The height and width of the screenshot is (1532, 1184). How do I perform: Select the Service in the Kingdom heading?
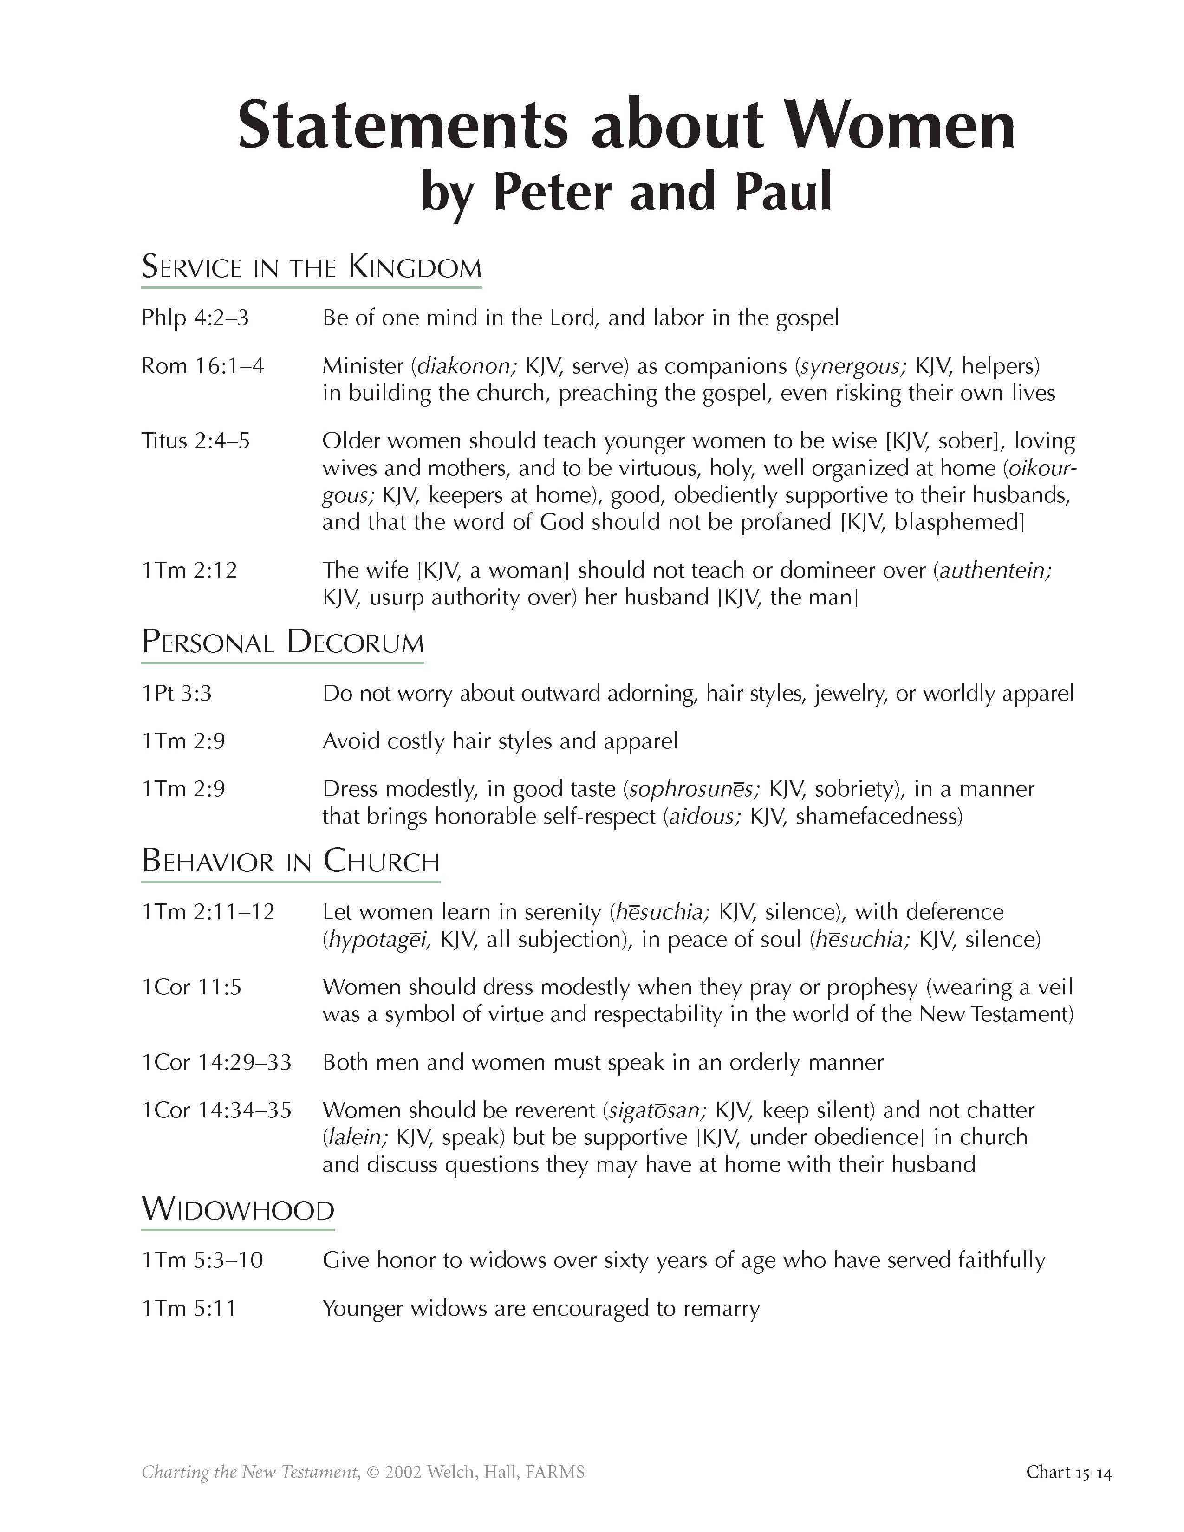click(312, 267)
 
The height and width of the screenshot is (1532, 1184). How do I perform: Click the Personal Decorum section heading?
click(283, 643)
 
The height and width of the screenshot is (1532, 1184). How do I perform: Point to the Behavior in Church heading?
click(290, 861)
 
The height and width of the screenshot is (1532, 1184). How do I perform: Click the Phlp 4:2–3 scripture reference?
click(195, 318)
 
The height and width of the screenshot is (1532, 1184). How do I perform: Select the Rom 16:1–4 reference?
click(203, 365)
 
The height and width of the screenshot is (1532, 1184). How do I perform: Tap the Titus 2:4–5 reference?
click(195, 441)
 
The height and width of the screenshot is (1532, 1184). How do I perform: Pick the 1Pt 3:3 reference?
click(177, 693)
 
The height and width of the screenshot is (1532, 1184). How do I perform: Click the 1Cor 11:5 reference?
click(191, 987)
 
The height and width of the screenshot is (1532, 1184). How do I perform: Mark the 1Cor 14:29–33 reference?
click(216, 1062)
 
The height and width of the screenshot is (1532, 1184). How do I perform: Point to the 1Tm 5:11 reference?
click(189, 1308)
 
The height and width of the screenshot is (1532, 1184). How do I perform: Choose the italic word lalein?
click(358, 1136)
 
